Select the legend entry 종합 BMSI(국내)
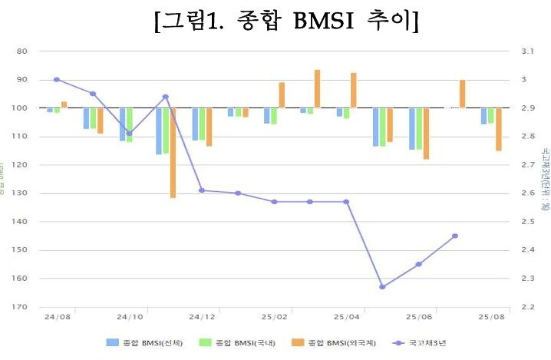pyautogui.click(x=238, y=342)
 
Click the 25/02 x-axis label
pyautogui.click(x=274, y=316)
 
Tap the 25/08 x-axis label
pyautogui.click(x=492, y=316)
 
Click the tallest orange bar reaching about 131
pyautogui.click(x=173, y=154)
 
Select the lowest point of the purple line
pyautogui.click(x=382, y=287)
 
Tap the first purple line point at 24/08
pyautogui.click(x=56, y=80)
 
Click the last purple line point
pyautogui.click(x=455, y=236)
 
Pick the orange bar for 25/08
pyautogui.click(x=498, y=129)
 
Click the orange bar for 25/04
pyautogui.click(x=353, y=90)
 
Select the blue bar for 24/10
pyautogui.click(x=122, y=124)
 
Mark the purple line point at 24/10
pyautogui.click(x=129, y=134)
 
